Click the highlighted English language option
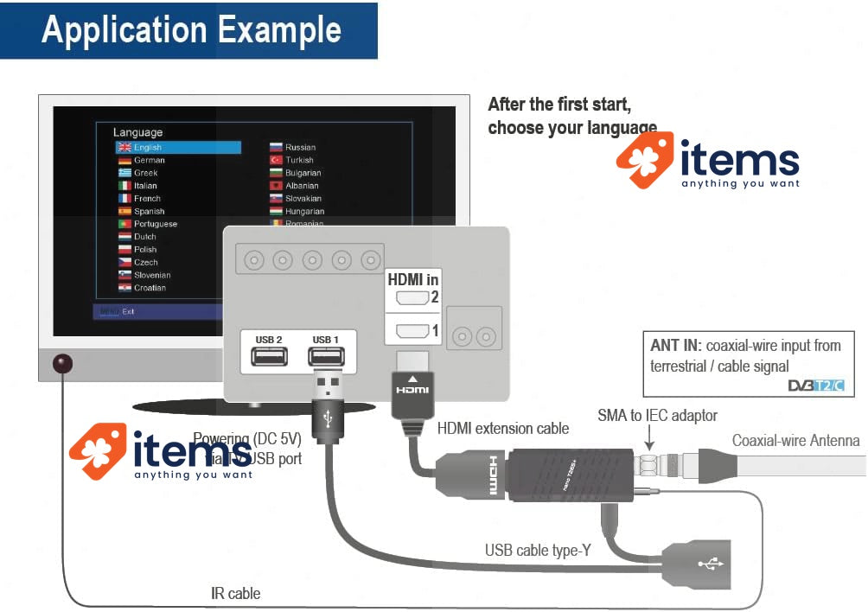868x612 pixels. point(178,148)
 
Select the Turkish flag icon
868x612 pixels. point(277,160)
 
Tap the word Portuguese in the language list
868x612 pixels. point(156,224)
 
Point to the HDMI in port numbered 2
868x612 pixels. point(412,299)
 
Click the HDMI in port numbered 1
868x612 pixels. point(412,330)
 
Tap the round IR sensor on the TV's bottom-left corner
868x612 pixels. point(62,364)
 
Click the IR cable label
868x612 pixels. point(235,594)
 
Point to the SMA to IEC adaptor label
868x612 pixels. point(657,416)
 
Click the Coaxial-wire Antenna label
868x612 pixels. point(795,441)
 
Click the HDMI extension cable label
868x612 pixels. point(503,428)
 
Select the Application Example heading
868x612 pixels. point(191,30)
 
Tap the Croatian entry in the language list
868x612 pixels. point(150,288)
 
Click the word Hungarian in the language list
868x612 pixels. point(305,211)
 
